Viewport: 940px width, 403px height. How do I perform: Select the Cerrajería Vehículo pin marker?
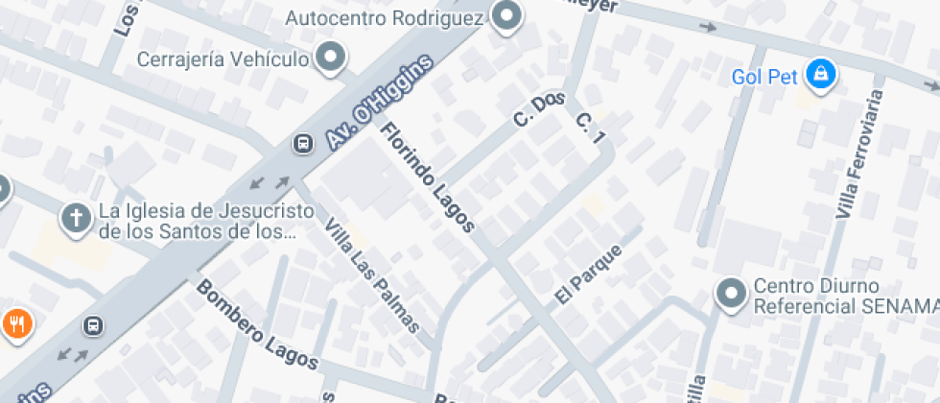click(x=332, y=58)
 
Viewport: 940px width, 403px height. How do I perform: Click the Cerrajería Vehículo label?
click(x=223, y=59)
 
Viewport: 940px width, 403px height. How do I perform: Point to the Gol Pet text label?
click(x=764, y=77)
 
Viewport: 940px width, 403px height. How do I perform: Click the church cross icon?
click(x=76, y=219)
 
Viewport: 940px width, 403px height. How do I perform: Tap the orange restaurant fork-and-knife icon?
click(x=15, y=324)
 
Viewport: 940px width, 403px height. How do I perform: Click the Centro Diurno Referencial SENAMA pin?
click(x=732, y=295)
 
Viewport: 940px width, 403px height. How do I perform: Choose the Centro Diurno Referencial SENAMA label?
click(x=844, y=296)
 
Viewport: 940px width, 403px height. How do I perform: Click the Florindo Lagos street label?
click(x=428, y=178)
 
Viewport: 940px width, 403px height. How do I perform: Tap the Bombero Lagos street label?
click(x=257, y=325)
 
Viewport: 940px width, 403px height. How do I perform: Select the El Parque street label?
click(x=589, y=275)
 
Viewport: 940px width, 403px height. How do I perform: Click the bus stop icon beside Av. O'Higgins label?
click(x=302, y=144)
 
